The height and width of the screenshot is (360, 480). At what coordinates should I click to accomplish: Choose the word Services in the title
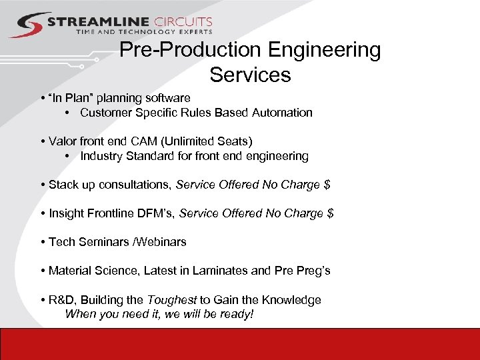[250, 75]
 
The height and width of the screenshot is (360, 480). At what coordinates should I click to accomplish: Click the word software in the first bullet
[167, 98]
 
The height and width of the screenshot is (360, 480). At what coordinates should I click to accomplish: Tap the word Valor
[63, 141]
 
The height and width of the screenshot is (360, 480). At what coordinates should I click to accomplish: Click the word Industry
[101, 156]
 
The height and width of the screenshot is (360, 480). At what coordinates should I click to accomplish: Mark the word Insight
[67, 213]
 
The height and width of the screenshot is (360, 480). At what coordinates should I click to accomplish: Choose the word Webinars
[162, 242]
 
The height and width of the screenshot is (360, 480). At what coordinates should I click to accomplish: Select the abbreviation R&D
[62, 300]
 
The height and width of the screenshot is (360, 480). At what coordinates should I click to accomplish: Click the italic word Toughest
[171, 300]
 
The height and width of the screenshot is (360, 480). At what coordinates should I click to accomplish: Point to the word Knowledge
[293, 300]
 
